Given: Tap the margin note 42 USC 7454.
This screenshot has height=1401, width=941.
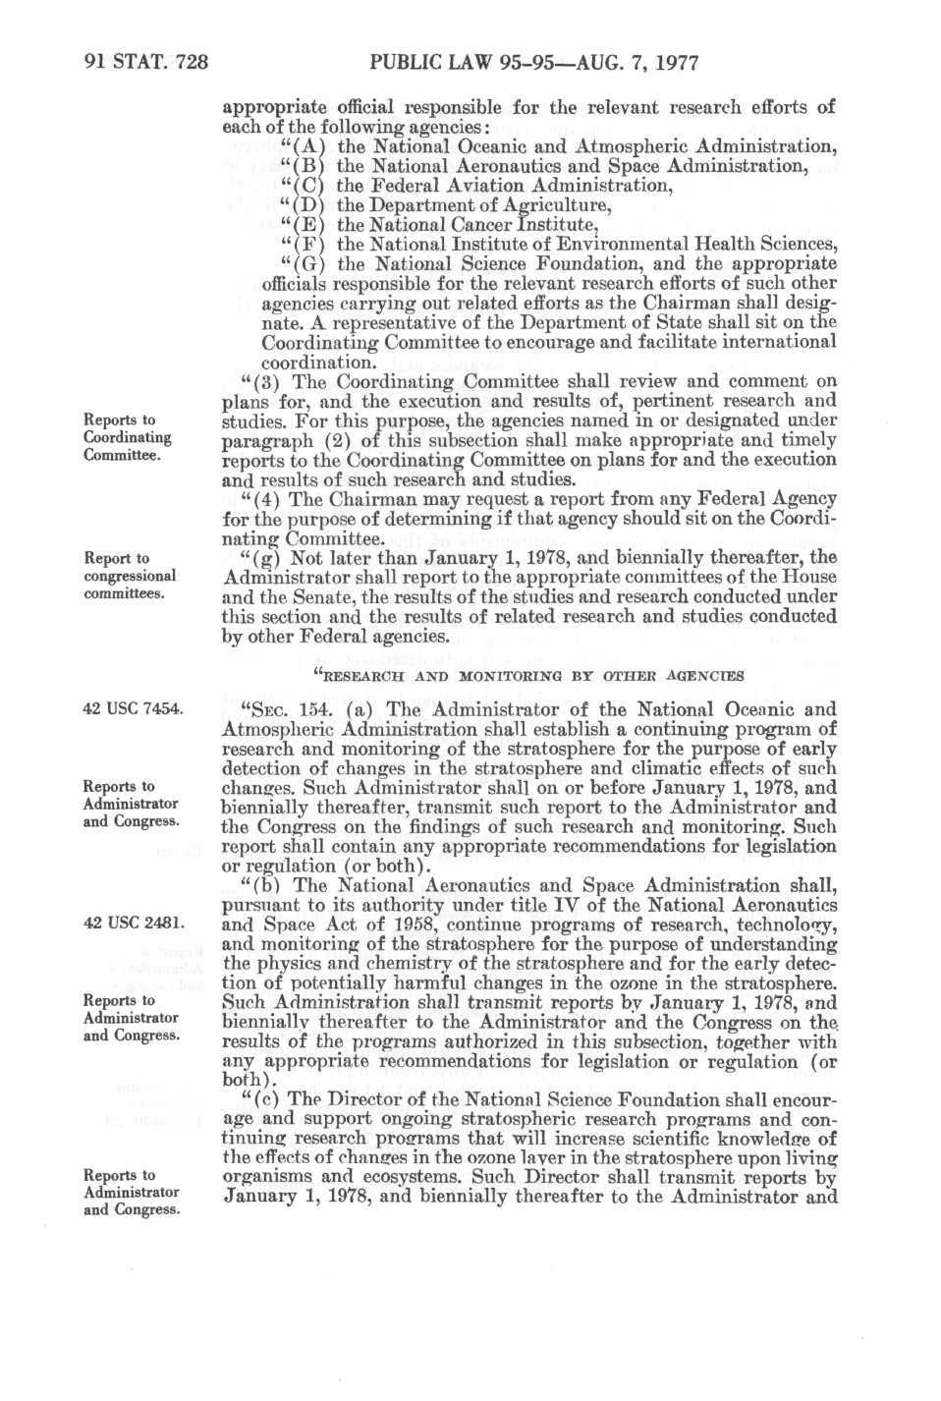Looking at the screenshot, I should [x=130, y=708].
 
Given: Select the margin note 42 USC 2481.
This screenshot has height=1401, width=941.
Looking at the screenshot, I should [x=130, y=923].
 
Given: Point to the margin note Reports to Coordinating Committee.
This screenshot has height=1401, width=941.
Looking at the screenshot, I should [x=128, y=437].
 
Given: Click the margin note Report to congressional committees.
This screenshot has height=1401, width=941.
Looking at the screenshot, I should [x=130, y=576].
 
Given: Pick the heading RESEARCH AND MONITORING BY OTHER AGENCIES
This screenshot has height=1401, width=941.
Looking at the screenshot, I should [x=526, y=675].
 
